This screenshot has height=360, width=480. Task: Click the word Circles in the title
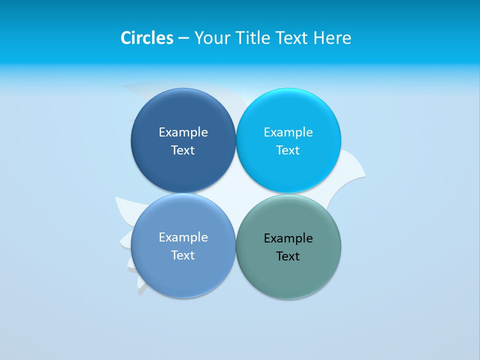(x=147, y=38)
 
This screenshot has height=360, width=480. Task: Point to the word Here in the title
(x=332, y=38)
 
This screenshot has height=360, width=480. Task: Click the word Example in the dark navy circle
(x=183, y=132)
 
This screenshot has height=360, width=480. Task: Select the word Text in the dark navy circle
(x=183, y=150)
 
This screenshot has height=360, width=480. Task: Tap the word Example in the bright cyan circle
(x=288, y=132)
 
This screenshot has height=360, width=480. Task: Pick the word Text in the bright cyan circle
(x=288, y=150)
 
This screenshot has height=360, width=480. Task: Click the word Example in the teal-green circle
(x=288, y=238)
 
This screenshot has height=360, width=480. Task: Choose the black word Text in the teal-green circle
(x=288, y=256)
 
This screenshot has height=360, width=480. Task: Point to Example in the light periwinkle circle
(x=183, y=237)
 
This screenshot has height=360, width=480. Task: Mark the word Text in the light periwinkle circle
(x=183, y=255)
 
